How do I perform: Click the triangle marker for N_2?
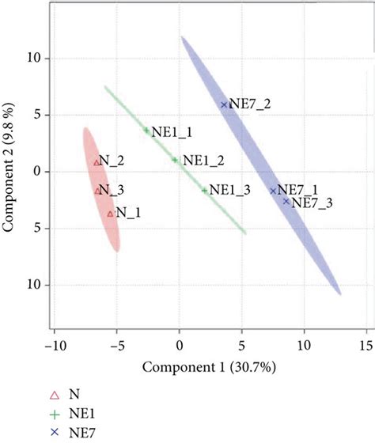point(97,162)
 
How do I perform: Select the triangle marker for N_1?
point(111,213)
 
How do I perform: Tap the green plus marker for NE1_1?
point(146,131)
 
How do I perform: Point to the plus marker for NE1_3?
point(204,190)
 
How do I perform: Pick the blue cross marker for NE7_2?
point(224,104)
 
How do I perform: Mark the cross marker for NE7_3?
point(286,201)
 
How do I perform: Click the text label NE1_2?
point(203,160)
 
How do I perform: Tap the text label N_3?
point(112,190)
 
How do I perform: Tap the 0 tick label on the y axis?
point(35,172)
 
